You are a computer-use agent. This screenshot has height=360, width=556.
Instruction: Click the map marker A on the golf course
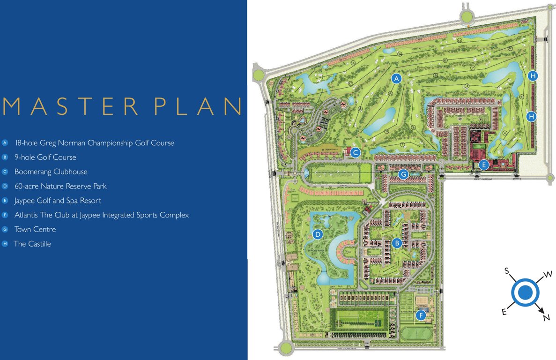click(397, 79)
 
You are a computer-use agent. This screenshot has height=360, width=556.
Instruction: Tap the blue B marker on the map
click(397, 243)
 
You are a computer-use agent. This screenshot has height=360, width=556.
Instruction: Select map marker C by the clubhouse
click(356, 152)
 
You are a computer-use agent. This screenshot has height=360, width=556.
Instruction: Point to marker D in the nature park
click(318, 234)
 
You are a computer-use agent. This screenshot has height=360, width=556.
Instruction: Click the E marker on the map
click(484, 165)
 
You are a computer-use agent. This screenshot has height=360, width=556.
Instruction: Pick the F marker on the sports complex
click(421, 315)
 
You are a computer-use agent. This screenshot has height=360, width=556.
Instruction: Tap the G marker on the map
click(403, 174)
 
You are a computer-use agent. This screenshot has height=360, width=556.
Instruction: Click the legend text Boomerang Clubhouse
click(51, 172)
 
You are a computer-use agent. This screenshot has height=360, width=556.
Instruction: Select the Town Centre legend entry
click(35, 229)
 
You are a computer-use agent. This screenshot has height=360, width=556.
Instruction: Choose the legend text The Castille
click(32, 244)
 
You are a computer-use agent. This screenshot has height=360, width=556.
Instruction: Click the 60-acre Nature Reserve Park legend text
click(60, 186)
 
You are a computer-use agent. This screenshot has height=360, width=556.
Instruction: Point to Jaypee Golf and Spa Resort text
click(58, 201)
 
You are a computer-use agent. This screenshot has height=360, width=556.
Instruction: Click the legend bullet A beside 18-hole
click(5, 143)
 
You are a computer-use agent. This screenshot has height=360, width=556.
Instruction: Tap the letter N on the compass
click(546, 318)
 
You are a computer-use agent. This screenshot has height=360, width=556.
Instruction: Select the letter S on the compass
click(506, 270)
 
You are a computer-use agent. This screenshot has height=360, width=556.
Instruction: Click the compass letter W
click(548, 274)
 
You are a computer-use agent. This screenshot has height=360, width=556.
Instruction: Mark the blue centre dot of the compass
click(525, 292)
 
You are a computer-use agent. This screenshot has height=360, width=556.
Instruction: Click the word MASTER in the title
click(70, 106)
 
